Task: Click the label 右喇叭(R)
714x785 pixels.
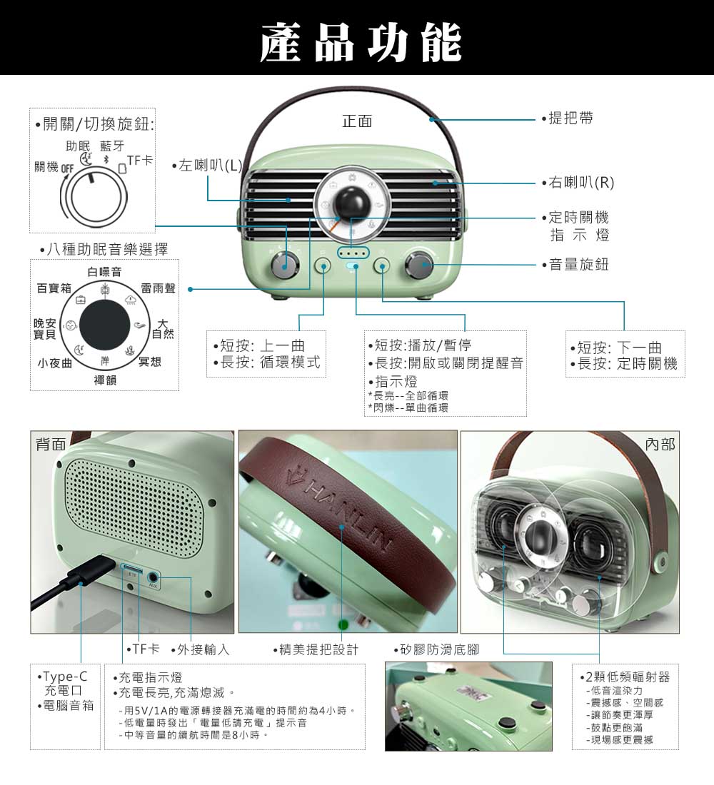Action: coord(581,183)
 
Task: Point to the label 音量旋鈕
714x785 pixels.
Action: coord(579,264)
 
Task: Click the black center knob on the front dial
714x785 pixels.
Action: coord(352,204)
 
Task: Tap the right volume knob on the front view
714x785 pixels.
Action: coord(420,265)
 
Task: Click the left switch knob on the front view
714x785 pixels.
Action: coord(285,265)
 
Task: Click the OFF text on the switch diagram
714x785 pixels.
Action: coord(67,169)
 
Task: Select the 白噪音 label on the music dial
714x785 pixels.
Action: coord(104,272)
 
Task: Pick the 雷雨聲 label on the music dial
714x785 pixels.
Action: coord(159,288)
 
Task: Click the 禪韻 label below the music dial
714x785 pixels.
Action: coord(105,380)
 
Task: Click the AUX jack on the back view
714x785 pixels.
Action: coord(154,578)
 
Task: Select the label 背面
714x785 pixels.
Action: coord(51,444)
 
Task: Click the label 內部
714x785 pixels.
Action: coord(660,444)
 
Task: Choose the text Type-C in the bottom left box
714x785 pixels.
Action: coord(65,677)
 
